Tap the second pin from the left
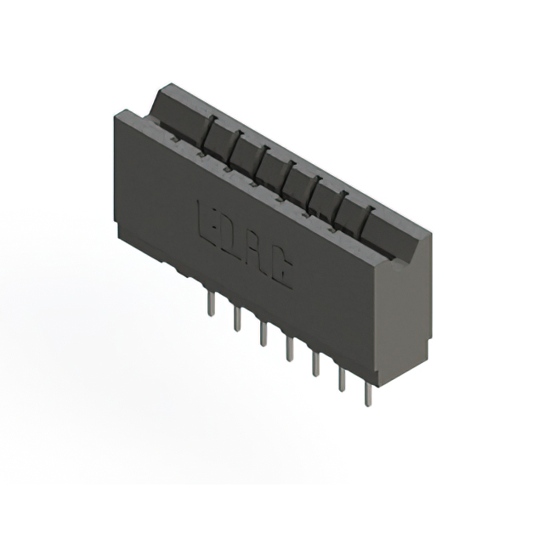pos(237,319)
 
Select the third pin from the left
pos(263,332)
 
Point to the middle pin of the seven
pos(290,348)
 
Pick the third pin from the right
pos(315,363)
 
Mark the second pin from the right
pos(342,378)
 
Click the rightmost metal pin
pos(368,393)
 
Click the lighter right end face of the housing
pos(404,310)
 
